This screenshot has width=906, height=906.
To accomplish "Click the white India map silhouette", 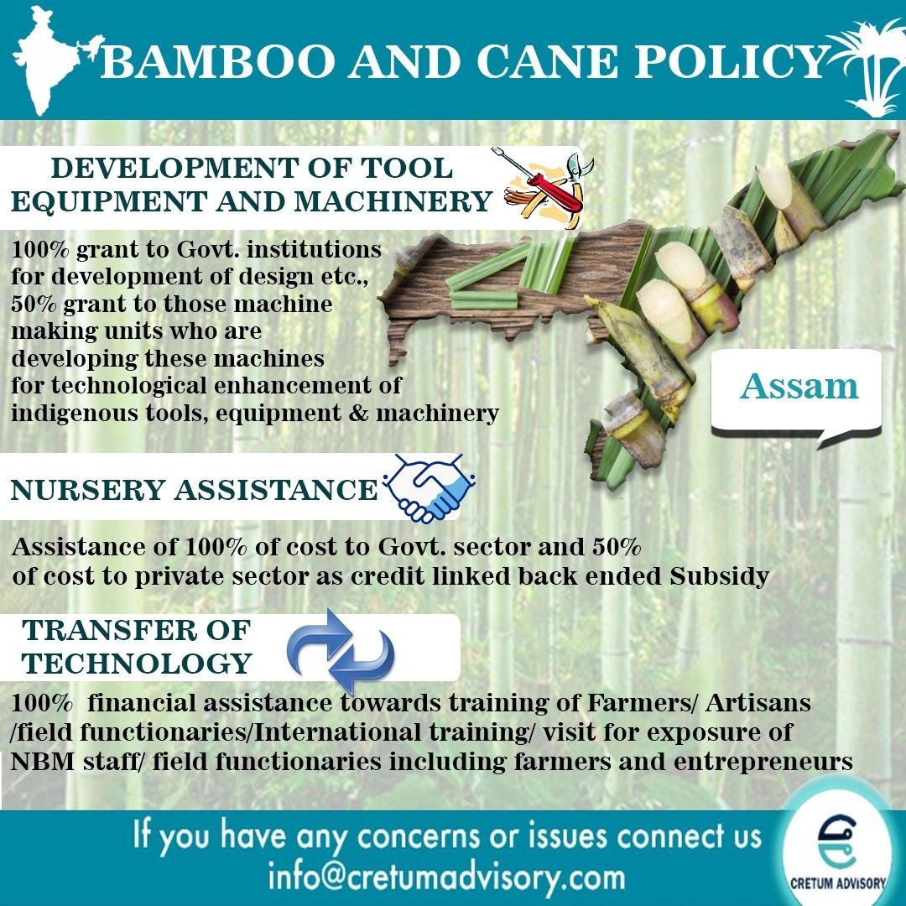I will (x=50, y=63).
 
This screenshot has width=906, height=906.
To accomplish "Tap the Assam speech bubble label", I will (x=799, y=387).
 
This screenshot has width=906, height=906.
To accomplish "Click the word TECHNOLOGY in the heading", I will (x=137, y=663).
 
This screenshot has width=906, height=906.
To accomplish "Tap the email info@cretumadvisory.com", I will (x=446, y=877).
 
